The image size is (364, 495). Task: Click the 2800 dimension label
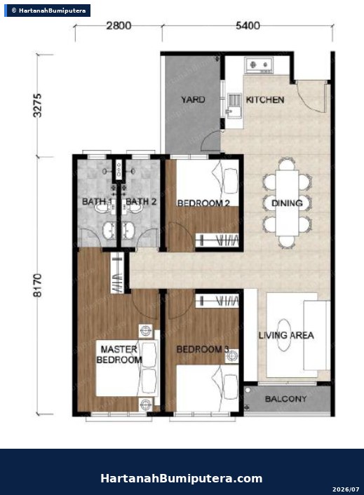click(x=119, y=25)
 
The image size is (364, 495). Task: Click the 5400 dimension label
click(x=248, y=25)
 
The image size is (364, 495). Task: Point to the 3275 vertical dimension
click(x=37, y=105)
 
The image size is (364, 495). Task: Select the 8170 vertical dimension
click(x=37, y=285)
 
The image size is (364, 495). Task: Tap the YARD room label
click(x=193, y=100)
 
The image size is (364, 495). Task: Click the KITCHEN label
click(x=265, y=100)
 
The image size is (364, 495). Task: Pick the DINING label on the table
click(x=287, y=203)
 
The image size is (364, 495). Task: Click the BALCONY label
click(x=285, y=399)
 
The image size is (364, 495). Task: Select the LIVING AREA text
click(x=286, y=335)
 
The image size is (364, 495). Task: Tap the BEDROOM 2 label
click(x=203, y=203)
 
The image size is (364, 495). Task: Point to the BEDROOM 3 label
click(x=203, y=349)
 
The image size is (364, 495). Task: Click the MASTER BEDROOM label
click(x=119, y=355)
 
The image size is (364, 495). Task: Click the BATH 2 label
click(x=141, y=201)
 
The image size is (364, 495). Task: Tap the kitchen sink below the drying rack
click(x=234, y=111)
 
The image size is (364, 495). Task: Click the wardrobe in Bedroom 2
click(x=217, y=240)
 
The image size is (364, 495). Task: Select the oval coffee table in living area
click(x=284, y=334)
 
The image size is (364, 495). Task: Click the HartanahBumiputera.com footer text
click(x=181, y=478)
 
